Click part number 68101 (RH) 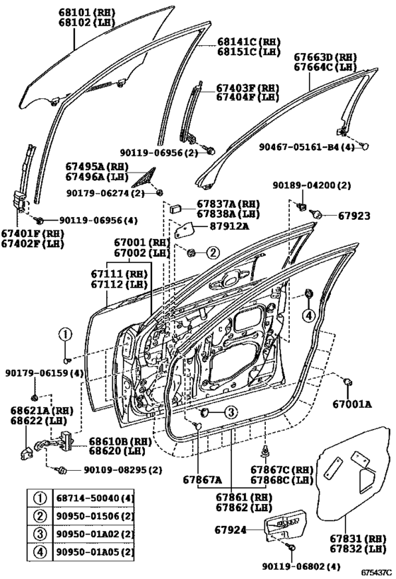87,13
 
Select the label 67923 354,216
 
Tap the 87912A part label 229,226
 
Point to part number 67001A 352,404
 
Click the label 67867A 202,479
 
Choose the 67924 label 230,530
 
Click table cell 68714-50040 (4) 95,498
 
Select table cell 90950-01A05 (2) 95,553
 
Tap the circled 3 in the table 40,534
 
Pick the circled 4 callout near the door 309,315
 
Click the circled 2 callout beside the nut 213,253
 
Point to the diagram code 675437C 376,573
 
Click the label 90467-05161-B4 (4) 307,147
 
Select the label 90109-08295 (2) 123,470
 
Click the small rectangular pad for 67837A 175,209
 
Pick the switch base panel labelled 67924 284,525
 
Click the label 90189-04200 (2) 312,185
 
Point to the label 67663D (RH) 325,57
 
